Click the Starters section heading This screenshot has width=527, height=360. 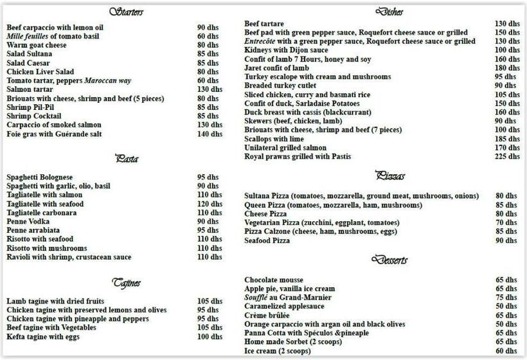[x=126, y=12]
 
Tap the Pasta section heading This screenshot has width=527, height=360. [x=127, y=159]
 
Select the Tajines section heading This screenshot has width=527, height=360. [x=127, y=283]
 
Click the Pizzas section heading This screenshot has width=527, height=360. [x=389, y=175]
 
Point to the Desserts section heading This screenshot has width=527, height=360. [x=389, y=260]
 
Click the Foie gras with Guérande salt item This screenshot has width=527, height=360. [x=54, y=134]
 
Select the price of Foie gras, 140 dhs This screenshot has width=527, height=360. [x=210, y=134]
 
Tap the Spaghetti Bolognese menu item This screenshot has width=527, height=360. [x=40, y=177]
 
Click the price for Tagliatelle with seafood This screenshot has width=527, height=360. [x=210, y=204]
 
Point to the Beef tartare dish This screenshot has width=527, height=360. [x=264, y=24]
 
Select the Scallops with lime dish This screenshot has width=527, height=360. [x=274, y=139]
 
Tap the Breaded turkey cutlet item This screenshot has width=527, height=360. [x=280, y=85]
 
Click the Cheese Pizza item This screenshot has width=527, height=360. [x=265, y=214]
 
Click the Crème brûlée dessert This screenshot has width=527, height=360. [x=267, y=316]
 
